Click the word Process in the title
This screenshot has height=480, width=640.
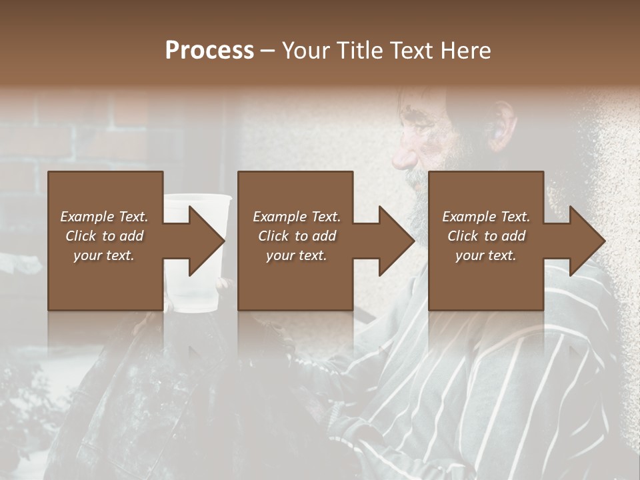[209, 51]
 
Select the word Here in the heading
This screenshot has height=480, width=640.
[466, 51]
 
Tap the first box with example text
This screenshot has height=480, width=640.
[105, 240]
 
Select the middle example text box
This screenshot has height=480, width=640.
[295, 240]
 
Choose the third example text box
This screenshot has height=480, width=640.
[485, 240]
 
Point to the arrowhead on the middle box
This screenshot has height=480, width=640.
[396, 241]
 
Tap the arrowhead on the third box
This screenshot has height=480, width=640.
[586, 241]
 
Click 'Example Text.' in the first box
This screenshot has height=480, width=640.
[104, 217]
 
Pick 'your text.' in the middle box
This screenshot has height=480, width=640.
[297, 255]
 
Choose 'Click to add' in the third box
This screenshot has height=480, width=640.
[486, 236]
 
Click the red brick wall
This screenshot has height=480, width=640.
[100, 133]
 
